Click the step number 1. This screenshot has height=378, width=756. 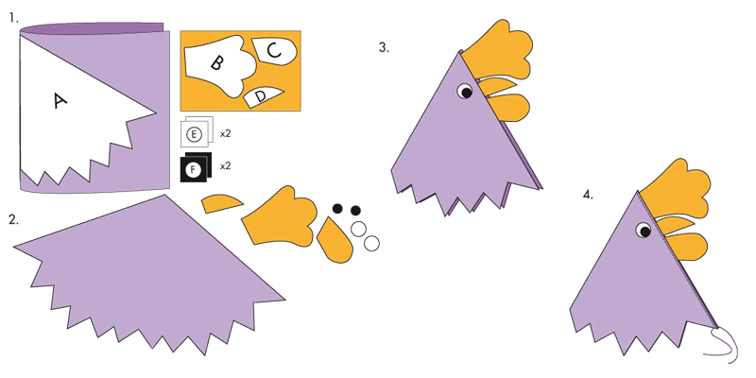click(13, 19)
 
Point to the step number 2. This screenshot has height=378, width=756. click(13, 220)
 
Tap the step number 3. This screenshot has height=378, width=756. click(384, 47)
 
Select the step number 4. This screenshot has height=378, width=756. click(588, 195)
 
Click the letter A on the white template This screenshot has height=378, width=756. click(60, 101)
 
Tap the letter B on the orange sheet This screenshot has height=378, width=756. click(216, 62)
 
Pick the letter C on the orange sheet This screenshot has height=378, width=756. click(274, 50)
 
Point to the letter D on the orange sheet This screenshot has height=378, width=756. click(261, 96)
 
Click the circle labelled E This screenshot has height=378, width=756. click(194, 134)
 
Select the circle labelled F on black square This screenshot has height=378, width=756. click(193, 170)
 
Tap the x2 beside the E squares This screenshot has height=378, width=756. click(225, 134)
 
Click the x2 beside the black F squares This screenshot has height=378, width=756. click(225, 166)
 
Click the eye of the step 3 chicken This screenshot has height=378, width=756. click(465, 91)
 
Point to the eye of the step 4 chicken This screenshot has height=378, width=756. click(644, 230)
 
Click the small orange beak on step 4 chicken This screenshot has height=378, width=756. click(674, 225)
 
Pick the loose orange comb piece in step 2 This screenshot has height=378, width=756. click(280, 216)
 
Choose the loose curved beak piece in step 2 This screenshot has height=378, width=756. click(221, 203)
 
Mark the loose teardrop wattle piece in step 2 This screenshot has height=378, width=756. click(335, 240)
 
